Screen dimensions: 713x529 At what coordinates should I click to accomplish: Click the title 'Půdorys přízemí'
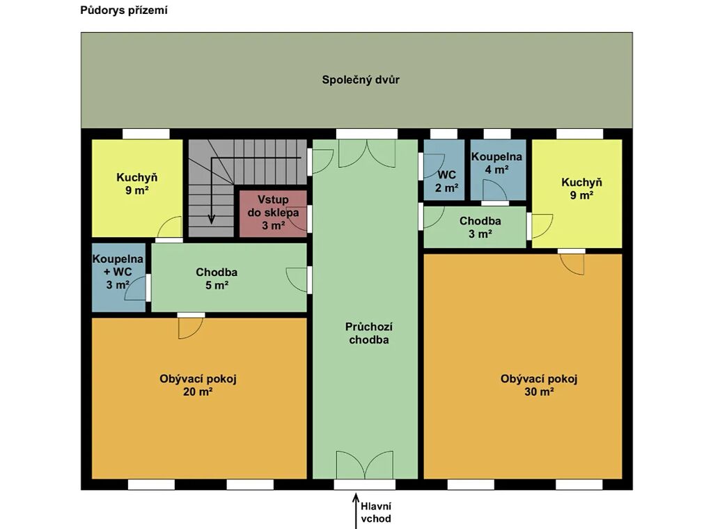pyautogui.click(x=124, y=10)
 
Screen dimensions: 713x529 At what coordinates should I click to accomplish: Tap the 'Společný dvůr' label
pyautogui.click(x=361, y=79)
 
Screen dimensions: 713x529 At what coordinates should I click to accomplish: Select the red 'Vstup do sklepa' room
pyautogui.click(x=273, y=214)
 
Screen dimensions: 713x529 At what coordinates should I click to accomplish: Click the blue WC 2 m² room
pyautogui.click(x=444, y=170)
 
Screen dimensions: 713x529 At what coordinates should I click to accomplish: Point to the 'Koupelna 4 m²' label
pyautogui.click(x=496, y=163)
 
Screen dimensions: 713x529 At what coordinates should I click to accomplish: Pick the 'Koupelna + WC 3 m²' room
pyautogui.click(x=118, y=277)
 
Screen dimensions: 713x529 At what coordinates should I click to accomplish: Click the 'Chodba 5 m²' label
pyautogui.click(x=217, y=279)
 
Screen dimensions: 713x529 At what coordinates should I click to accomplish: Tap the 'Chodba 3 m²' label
pyautogui.click(x=480, y=227)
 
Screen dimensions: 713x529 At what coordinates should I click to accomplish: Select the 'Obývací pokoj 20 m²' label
pyautogui.click(x=198, y=385)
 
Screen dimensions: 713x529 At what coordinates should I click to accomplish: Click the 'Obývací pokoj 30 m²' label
pyautogui.click(x=539, y=385)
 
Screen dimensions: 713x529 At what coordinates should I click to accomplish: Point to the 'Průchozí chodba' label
pyautogui.click(x=369, y=333)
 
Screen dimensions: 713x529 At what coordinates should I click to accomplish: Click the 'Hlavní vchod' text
pyautogui.click(x=376, y=512)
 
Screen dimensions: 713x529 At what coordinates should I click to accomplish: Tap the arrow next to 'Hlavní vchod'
pyautogui.click(x=356, y=511)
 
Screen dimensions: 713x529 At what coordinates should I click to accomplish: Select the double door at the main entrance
pyautogui.click(x=365, y=465)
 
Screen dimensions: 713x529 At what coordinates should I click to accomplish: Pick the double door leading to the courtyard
pyautogui.click(x=367, y=153)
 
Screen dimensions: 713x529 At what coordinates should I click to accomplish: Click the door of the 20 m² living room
pyautogui.click(x=191, y=328)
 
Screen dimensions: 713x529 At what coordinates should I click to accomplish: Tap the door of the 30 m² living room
pyautogui.click(x=572, y=264)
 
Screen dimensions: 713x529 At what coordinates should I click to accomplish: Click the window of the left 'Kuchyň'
pyautogui.click(x=146, y=134)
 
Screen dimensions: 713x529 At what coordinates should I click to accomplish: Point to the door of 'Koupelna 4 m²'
pyautogui.click(x=495, y=190)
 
